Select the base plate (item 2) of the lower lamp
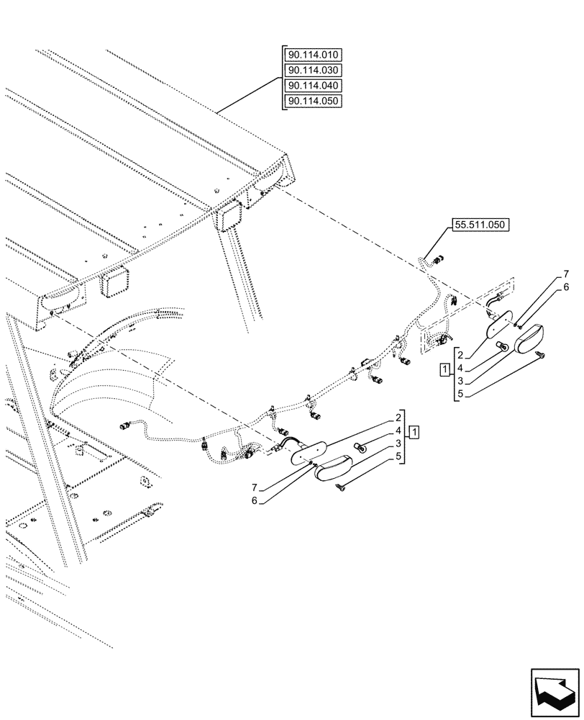(308, 453)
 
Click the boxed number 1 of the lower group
(414, 432)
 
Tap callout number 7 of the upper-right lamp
(566, 274)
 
